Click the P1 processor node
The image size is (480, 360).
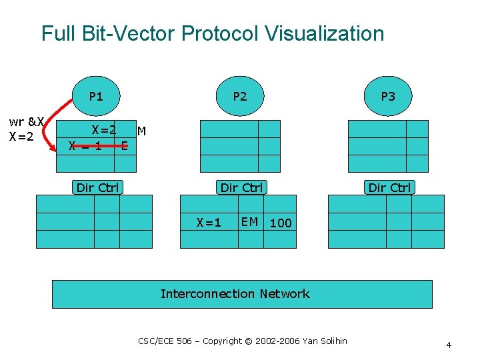coord(97,96)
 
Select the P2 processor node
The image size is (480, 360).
coord(240,96)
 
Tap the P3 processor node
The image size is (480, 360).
coord(388,96)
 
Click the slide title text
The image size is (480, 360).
coord(213,33)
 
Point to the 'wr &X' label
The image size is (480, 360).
coord(26,122)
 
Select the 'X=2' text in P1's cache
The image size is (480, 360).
coord(104,130)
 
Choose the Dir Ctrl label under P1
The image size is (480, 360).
coord(97,187)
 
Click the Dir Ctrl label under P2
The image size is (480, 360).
coord(241,187)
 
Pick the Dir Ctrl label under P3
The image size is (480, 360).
coord(390,187)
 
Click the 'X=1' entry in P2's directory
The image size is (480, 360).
coord(209,223)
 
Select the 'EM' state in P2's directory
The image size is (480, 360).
coord(250,222)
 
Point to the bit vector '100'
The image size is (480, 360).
coord(281,223)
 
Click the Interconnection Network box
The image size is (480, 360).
coord(242,294)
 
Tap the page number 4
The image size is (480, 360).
coord(449,345)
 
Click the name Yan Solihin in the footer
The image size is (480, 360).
coord(325,341)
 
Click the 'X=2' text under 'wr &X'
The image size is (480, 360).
coord(22,136)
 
